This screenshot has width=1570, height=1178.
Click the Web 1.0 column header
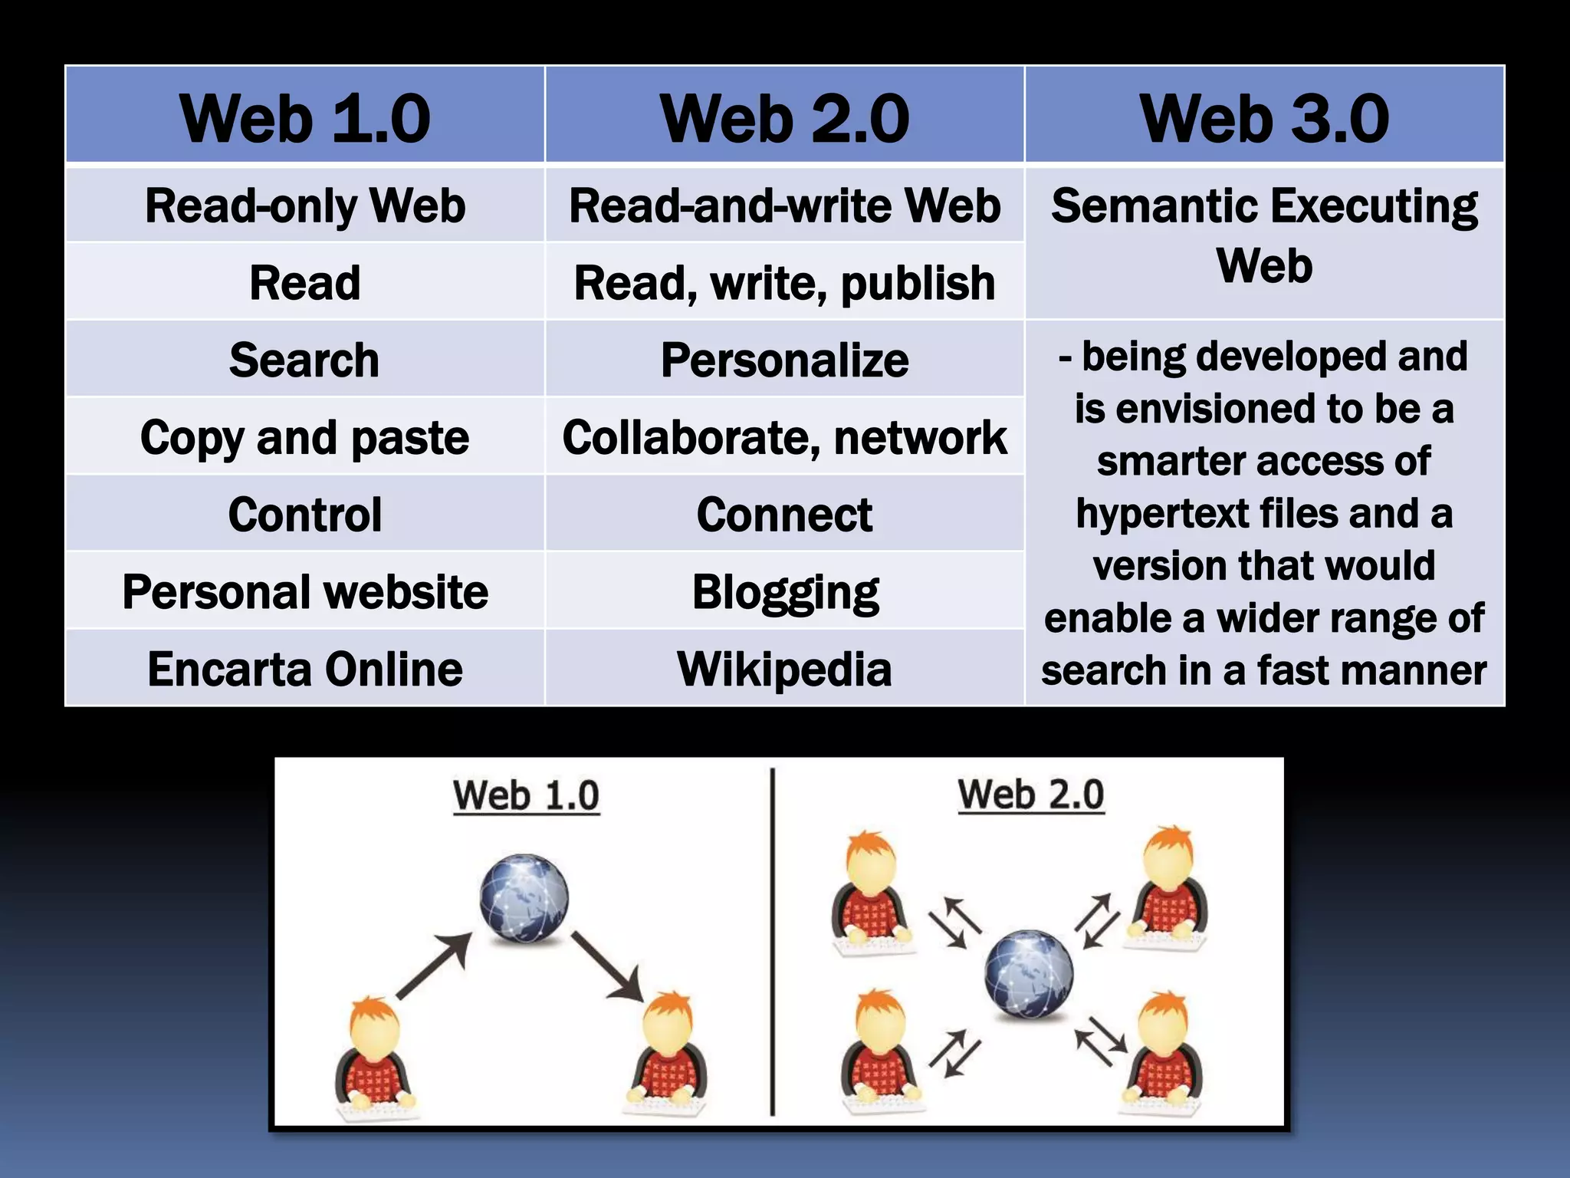pyautogui.click(x=305, y=117)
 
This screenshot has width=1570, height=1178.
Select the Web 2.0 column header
pyautogui.click(x=784, y=117)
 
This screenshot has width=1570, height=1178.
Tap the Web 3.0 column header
pyautogui.click(x=1264, y=117)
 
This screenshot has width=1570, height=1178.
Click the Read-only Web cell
pyautogui.click(x=305, y=206)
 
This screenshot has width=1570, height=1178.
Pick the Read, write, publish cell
pyautogui.click(x=784, y=283)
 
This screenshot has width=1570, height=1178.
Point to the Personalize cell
pyautogui.click(x=784, y=360)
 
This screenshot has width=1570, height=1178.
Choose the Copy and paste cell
pyautogui.click(x=305, y=438)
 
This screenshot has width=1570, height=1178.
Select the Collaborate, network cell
pyautogui.click(x=784, y=438)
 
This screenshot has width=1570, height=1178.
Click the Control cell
pyautogui.click(x=305, y=515)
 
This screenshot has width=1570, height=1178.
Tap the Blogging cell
pyautogui.click(x=784, y=592)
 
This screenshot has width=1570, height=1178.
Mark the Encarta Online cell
pyautogui.click(x=305, y=669)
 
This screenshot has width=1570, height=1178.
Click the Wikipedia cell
pyautogui.click(x=784, y=669)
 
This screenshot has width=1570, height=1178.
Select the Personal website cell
pyautogui.click(x=305, y=592)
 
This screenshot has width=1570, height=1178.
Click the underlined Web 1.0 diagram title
pyautogui.click(x=526, y=795)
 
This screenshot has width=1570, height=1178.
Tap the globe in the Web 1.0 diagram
pyautogui.click(x=524, y=898)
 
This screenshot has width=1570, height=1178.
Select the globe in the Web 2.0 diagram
pyautogui.click(x=1028, y=974)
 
